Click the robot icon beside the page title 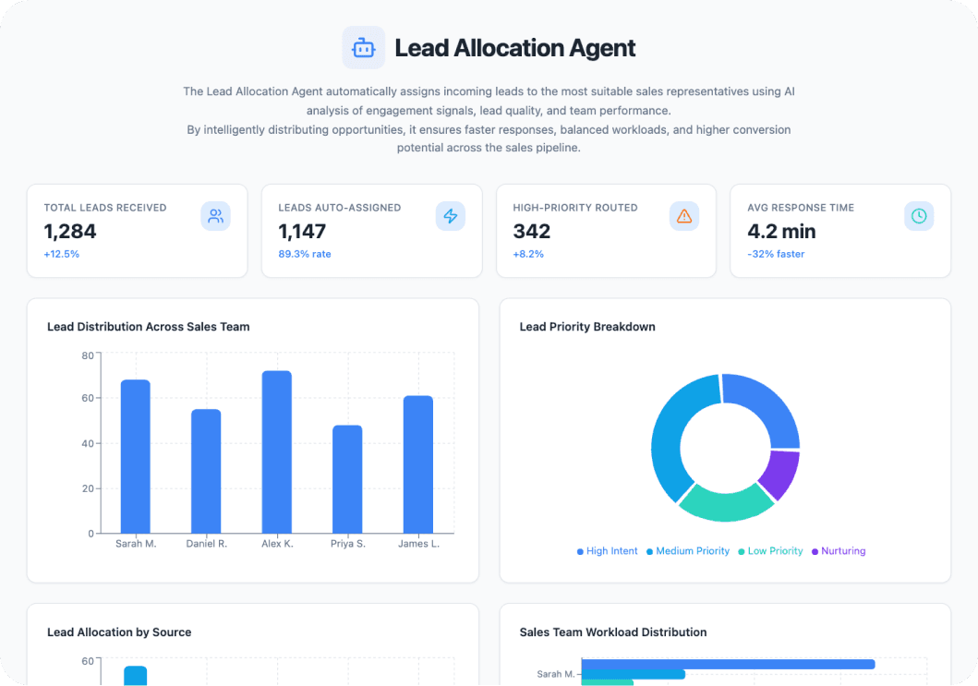pyautogui.click(x=363, y=48)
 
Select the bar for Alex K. pyautogui.click(x=276, y=452)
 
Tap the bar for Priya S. pyautogui.click(x=347, y=479)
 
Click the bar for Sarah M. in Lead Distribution pyautogui.click(x=135, y=456)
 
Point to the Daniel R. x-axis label pyautogui.click(x=206, y=544)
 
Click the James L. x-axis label pyautogui.click(x=418, y=544)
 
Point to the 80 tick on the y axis pyautogui.click(x=88, y=355)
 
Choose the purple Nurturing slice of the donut pyautogui.click(x=781, y=474)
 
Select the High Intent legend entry pyautogui.click(x=607, y=551)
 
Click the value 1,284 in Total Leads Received pyautogui.click(x=69, y=231)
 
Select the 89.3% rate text pyautogui.click(x=305, y=254)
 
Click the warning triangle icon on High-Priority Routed pyautogui.click(x=684, y=216)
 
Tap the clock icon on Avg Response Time pyautogui.click(x=919, y=216)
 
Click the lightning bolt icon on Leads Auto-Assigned pyautogui.click(x=450, y=216)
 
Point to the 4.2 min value pyautogui.click(x=781, y=231)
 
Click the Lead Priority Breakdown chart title pyautogui.click(x=587, y=327)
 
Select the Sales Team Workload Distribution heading pyautogui.click(x=613, y=632)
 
